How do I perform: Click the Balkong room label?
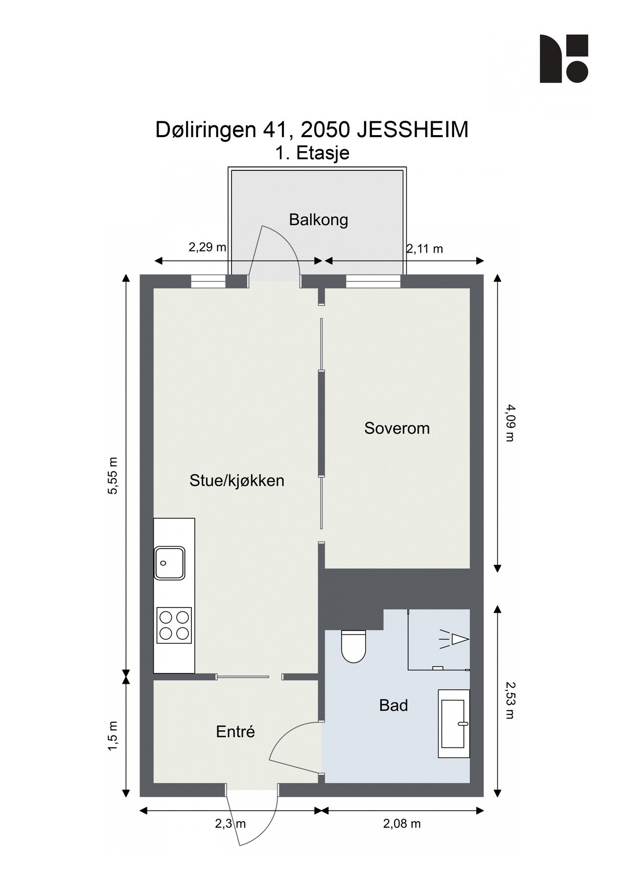coord(318,220)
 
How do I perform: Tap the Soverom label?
coord(397,428)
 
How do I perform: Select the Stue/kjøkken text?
coord(237,481)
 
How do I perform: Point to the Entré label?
coord(235,732)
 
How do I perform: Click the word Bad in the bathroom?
coord(393,705)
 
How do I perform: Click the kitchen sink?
coord(169,563)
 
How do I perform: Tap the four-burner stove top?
coord(174,625)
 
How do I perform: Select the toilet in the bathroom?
coord(353,646)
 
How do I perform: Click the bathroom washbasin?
coord(453,724)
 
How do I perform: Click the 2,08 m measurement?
coord(402,824)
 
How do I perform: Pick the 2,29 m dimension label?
coord(208,247)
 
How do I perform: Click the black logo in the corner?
coord(563,59)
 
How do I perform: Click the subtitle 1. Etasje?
coord(312,153)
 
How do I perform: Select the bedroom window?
coord(373,281)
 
